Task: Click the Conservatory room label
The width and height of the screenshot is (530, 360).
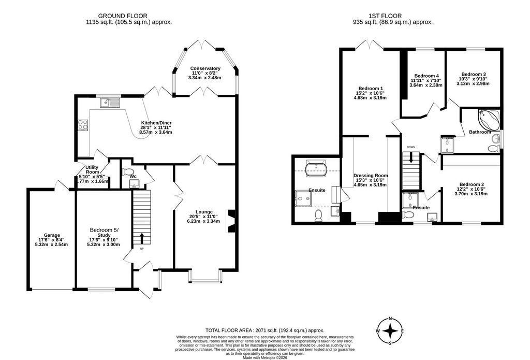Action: (205, 68)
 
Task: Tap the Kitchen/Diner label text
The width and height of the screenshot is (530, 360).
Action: (156, 123)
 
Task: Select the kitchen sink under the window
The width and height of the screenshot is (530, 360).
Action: (111, 103)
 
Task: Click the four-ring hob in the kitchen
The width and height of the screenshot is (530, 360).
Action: (82, 124)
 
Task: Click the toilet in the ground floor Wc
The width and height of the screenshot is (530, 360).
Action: (128, 171)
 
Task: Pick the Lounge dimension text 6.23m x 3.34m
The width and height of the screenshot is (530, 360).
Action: (203, 221)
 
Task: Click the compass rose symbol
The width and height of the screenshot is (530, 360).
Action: (392, 330)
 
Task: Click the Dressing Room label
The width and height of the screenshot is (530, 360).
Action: (370, 176)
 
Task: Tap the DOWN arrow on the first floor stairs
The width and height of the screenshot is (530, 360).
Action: (411, 158)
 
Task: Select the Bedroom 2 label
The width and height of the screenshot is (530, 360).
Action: (471, 185)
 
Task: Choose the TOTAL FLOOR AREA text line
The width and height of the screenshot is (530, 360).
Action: (264, 330)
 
